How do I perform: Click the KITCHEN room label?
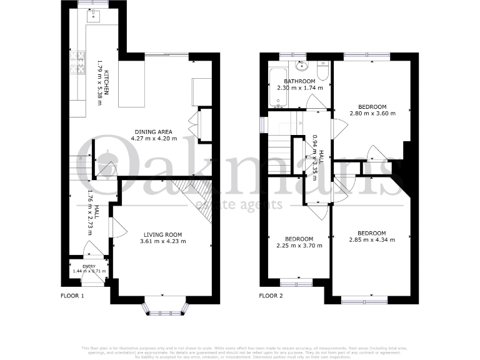pyautogui.click(x=107, y=82)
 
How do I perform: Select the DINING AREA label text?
pyautogui.click(x=152, y=131)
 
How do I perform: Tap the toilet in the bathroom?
pyautogui.click(x=322, y=74)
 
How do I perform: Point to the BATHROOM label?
pyautogui.click(x=299, y=81)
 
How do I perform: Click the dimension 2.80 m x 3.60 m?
pyautogui.click(x=369, y=114)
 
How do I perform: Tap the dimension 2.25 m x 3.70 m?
pyautogui.click(x=299, y=246)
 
